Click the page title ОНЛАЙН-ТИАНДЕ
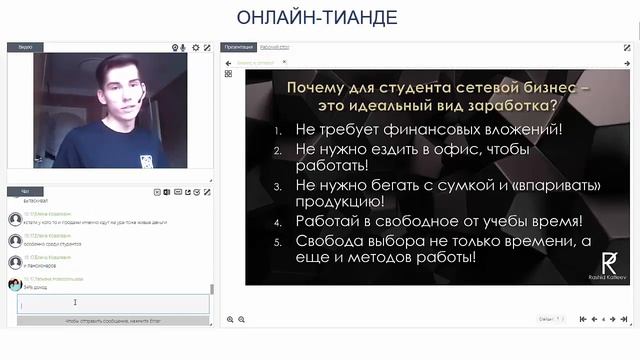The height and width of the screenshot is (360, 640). (x=317, y=17)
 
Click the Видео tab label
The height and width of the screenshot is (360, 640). (x=25, y=47)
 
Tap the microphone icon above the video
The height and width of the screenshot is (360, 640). (x=175, y=47)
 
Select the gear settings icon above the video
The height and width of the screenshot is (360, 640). (x=196, y=47)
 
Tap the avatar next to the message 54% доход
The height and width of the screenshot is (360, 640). (x=14, y=284)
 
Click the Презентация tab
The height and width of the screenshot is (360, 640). (x=239, y=47)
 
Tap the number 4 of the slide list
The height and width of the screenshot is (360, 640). (x=278, y=222)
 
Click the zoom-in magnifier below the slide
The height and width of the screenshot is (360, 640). (x=231, y=319)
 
